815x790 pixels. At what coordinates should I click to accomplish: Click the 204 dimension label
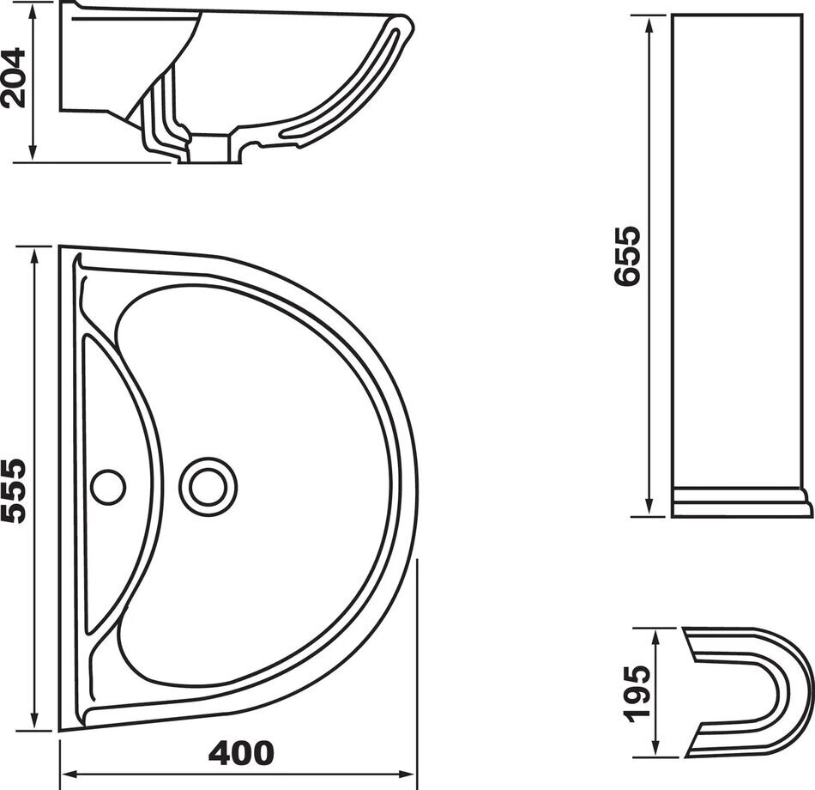click(15, 77)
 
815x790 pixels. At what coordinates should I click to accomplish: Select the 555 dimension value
click(15, 490)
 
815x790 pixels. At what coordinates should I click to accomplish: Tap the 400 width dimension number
click(241, 753)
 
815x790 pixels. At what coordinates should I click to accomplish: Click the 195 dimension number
click(637, 694)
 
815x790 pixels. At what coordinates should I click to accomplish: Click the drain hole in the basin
click(208, 486)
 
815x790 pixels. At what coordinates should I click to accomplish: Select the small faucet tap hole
click(109, 486)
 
